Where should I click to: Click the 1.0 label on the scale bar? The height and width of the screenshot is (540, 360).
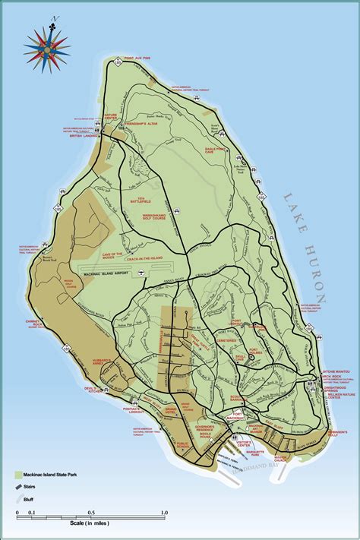pyautogui.click(x=162, y=513)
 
